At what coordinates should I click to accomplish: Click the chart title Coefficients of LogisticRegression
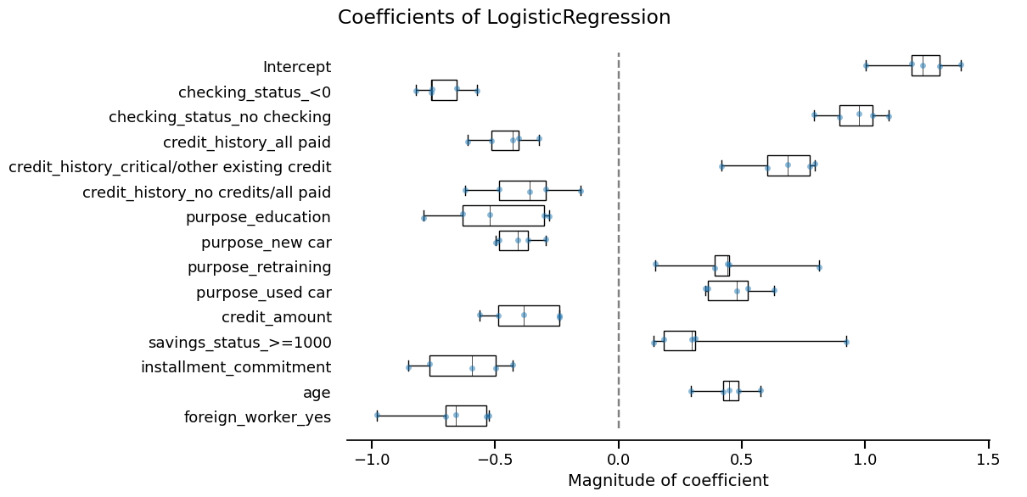click(x=504, y=18)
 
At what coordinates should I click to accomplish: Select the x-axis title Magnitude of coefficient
click(x=668, y=481)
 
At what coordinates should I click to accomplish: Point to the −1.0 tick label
click(x=371, y=460)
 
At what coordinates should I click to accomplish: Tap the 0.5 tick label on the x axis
click(x=742, y=460)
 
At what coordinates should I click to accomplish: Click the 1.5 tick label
click(x=988, y=460)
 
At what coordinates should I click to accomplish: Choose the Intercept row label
click(x=297, y=67)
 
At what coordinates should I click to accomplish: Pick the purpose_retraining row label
click(x=259, y=268)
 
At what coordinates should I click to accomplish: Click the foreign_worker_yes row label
click(x=257, y=417)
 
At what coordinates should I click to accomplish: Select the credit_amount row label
click(x=276, y=317)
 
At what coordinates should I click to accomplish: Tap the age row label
click(x=317, y=393)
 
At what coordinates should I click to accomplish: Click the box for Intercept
click(x=925, y=65)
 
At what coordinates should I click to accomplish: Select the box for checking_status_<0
click(x=444, y=90)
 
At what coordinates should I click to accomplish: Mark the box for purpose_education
click(x=503, y=215)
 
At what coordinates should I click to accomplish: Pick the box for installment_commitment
click(x=463, y=366)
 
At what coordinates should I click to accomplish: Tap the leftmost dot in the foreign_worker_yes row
click(x=377, y=415)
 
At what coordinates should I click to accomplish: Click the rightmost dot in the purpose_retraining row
click(x=819, y=267)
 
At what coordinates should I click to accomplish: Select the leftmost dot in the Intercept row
click(x=866, y=65)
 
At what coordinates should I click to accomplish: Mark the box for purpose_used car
click(x=727, y=291)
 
